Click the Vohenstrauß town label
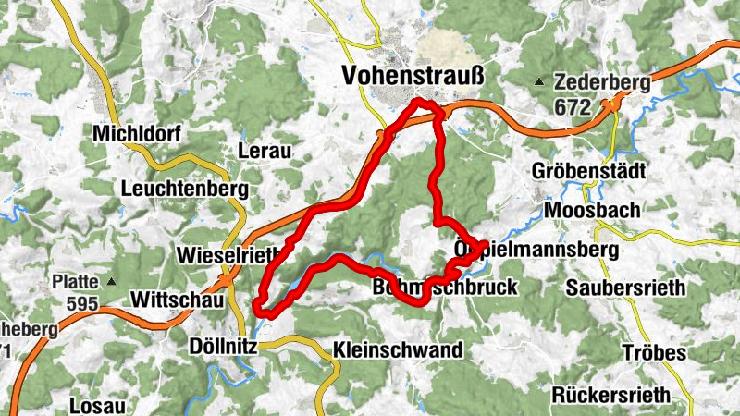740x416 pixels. click(x=413, y=75)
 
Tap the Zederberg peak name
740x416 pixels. click(x=602, y=83)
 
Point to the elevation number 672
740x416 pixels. click(x=573, y=107)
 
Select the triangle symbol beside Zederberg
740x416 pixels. click(x=539, y=83)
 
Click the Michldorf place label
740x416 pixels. click(x=137, y=135)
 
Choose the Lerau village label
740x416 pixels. click(x=265, y=151)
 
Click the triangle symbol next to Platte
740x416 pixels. click(x=113, y=281)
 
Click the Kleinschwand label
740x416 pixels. click(x=396, y=350)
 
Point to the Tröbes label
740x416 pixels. click(x=654, y=353)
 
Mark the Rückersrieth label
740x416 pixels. click(x=610, y=395)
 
